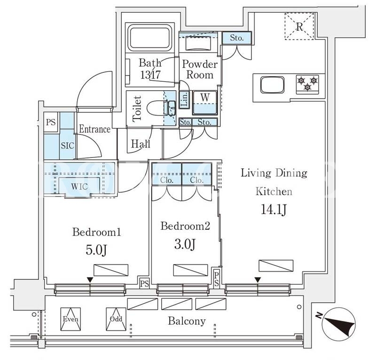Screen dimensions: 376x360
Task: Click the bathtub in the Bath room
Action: (150, 37)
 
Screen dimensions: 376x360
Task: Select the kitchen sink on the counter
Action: (273, 85)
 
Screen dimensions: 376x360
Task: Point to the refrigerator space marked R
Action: (299, 26)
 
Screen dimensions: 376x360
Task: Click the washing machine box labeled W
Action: (205, 102)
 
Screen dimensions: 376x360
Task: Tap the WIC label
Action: (79, 187)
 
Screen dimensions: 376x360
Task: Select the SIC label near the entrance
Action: (67, 146)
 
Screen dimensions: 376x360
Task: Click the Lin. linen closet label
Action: (185, 99)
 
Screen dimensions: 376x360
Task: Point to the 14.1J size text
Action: (274, 210)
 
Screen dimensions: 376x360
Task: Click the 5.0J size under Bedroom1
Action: (96, 250)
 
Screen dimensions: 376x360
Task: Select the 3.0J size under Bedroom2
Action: (185, 244)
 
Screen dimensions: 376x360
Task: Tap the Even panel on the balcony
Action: (70, 319)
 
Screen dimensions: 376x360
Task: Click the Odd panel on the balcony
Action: (116, 319)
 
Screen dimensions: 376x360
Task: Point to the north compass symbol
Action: (338, 325)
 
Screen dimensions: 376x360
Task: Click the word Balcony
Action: (187, 321)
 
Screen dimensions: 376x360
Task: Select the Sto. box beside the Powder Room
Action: (237, 38)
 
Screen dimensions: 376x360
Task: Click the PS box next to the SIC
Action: (51, 122)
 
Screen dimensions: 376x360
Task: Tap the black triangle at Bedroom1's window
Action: (90, 280)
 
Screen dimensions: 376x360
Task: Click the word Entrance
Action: (95, 129)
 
